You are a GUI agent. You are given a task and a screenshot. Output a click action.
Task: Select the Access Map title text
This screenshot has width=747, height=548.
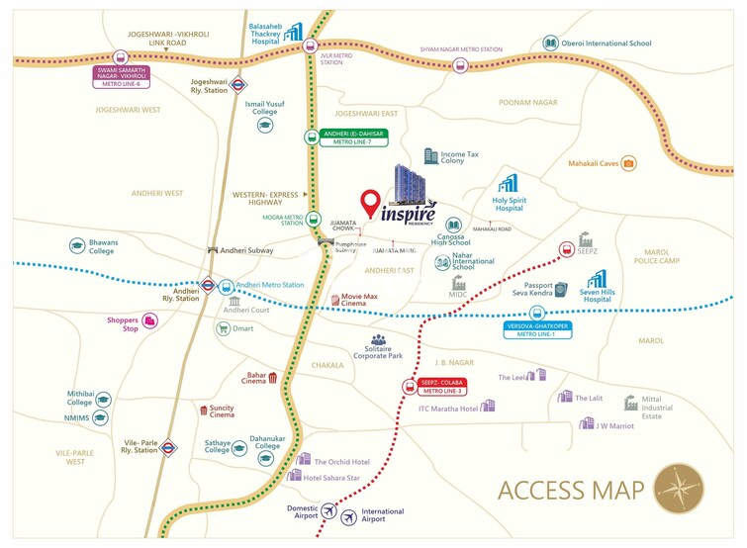point(571,491)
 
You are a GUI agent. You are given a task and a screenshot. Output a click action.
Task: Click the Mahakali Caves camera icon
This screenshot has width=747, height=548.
point(628,163)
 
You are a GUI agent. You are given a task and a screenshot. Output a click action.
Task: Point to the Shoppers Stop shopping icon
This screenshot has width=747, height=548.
point(150,320)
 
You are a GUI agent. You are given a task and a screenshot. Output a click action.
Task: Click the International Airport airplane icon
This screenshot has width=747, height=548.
point(348,516)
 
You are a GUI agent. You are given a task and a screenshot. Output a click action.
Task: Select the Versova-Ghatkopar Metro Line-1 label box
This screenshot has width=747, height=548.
point(544,329)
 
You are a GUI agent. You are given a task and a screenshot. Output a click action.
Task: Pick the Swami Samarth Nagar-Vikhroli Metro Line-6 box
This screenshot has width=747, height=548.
point(121,76)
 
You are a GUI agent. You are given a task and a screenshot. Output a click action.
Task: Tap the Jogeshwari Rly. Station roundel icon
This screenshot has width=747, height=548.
point(240,85)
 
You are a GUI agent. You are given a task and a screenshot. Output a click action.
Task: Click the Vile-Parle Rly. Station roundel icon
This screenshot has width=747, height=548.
point(169,448)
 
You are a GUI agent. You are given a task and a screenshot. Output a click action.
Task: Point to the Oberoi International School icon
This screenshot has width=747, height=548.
point(550,44)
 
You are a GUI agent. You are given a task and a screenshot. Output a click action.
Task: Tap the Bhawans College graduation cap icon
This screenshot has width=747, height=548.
point(77,245)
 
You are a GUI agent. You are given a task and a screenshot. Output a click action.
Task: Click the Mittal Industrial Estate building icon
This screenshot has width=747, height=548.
point(630,402)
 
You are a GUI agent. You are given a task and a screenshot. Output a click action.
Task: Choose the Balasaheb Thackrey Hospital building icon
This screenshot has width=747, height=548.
point(292,33)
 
